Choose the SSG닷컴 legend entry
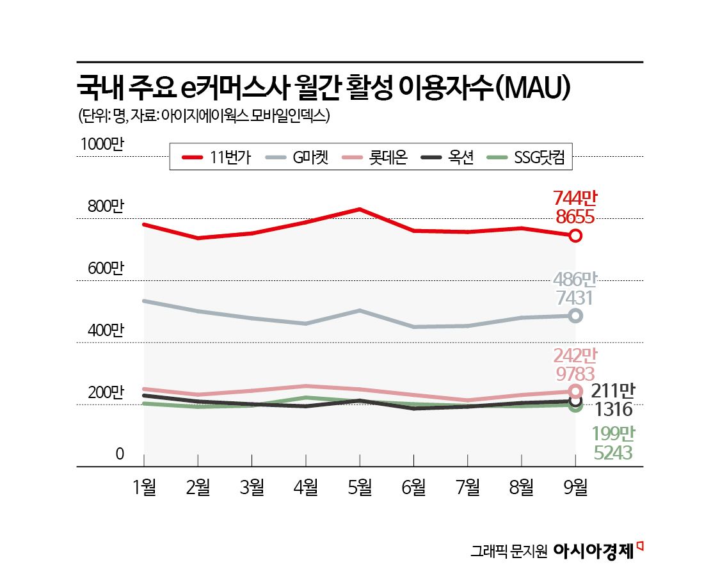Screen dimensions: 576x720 525,157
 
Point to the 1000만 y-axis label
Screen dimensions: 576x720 100,145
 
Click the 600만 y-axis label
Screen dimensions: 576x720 100,269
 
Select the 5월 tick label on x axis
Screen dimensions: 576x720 360,488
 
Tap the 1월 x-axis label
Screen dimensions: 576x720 144,488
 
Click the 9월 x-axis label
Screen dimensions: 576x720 575,488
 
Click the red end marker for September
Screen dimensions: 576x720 575,236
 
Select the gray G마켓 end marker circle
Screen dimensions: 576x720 575,316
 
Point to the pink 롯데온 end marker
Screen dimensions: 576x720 575,391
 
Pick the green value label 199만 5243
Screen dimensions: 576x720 612,444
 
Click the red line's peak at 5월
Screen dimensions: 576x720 360,209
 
